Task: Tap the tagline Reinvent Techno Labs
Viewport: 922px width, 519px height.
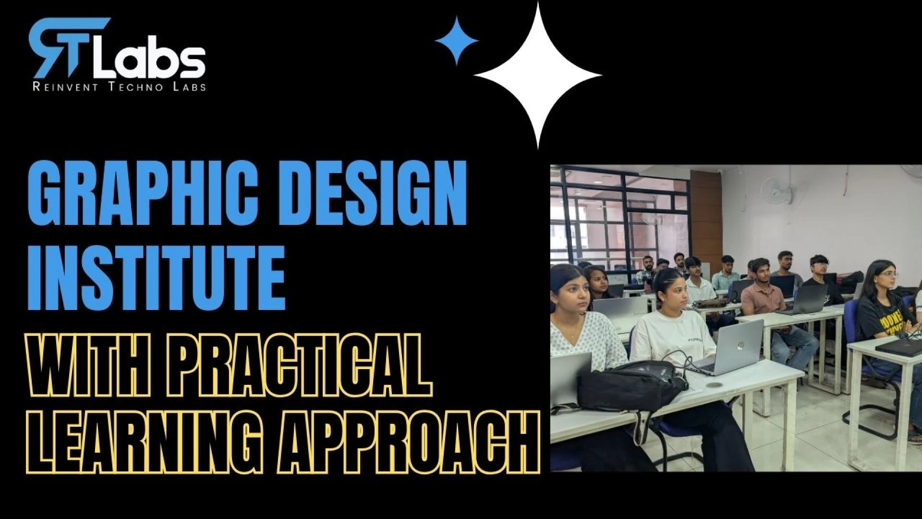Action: pyautogui.click(x=119, y=87)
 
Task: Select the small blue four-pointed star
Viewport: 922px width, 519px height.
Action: pyautogui.click(x=457, y=41)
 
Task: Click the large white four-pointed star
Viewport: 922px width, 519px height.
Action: pyautogui.click(x=538, y=75)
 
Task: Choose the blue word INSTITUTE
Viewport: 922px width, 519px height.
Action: pyautogui.click(x=157, y=277)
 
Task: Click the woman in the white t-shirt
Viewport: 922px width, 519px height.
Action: pyautogui.click(x=672, y=327)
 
